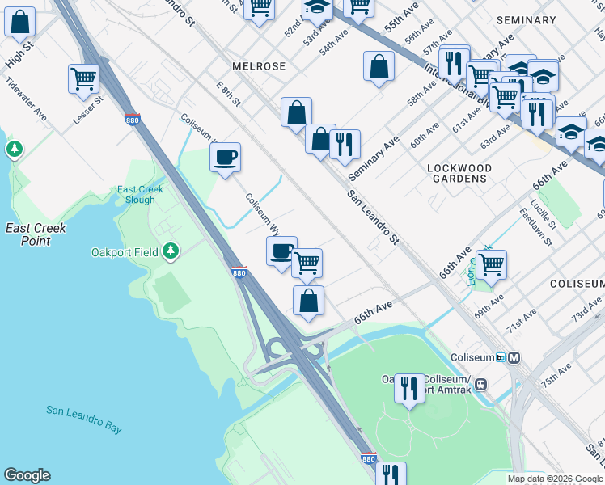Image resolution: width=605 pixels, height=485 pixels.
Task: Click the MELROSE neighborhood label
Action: tap(259, 65)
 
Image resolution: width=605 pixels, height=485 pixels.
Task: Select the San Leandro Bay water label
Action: tap(83, 419)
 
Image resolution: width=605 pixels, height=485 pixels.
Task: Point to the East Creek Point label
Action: tap(36, 234)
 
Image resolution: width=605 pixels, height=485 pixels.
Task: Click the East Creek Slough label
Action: tap(140, 195)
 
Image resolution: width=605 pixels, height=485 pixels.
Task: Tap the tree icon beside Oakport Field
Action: tap(170, 251)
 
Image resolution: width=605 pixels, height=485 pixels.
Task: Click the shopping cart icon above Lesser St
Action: tap(83, 79)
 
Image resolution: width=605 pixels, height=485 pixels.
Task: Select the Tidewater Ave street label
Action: tap(26, 99)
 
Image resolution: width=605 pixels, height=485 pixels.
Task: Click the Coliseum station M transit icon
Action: tap(514, 357)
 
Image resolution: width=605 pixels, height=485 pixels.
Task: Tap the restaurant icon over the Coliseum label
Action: tap(409, 389)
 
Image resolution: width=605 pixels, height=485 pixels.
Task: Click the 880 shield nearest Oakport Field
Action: tap(239, 272)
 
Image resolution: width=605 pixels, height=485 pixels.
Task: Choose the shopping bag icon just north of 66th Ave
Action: tap(308, 302)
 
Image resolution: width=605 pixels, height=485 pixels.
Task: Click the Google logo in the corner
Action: tap(27, 475)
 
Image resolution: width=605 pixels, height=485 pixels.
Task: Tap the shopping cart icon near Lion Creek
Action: tap(491, 264)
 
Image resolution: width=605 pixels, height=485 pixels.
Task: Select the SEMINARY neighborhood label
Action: tap(526, 19)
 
